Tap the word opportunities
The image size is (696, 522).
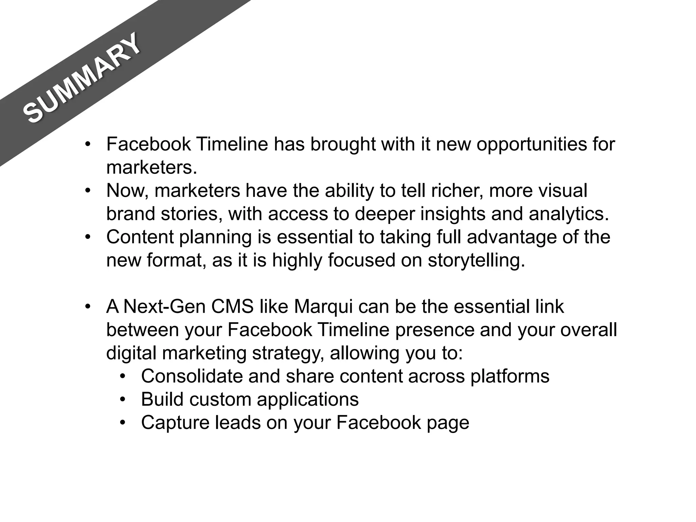[532, 144]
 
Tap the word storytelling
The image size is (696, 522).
[476, 261]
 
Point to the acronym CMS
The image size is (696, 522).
[232, 307]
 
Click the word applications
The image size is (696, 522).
[308, 400]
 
